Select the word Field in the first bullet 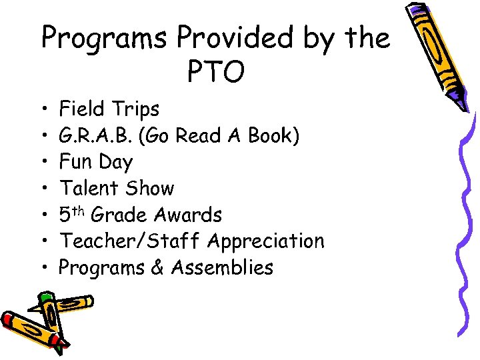point(82,109)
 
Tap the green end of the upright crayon point(45,297)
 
